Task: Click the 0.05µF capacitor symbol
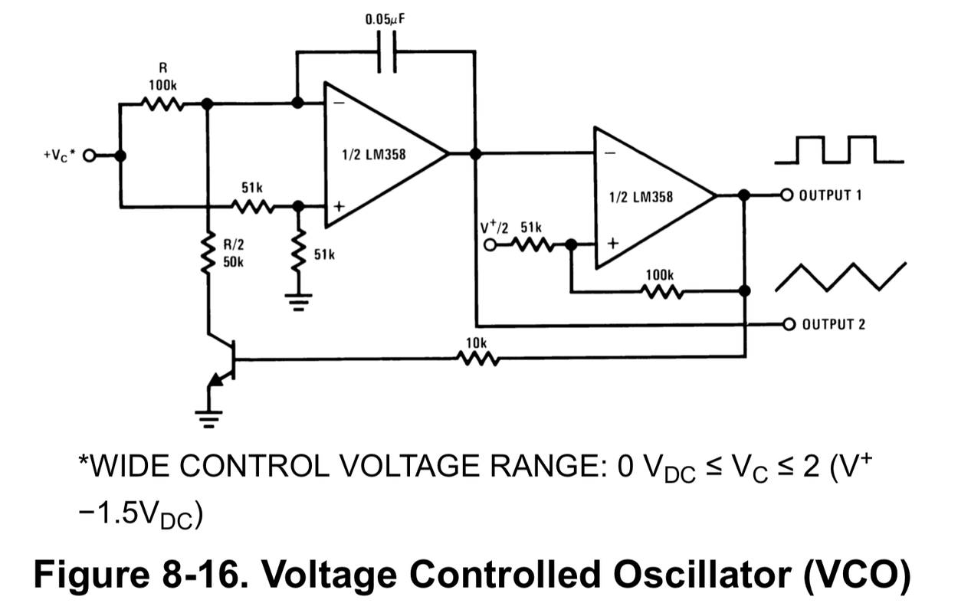tap(387, 52)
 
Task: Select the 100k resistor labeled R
tap(162, 103)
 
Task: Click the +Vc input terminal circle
tap(89, 156)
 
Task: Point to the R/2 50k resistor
tap(207, 255)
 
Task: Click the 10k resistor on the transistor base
tap(477, 358)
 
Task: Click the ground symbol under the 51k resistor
tap(299, 301)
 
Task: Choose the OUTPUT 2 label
tap(833, 324)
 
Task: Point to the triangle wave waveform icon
tap(841, 277)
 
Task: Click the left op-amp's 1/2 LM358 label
tap(374, 155)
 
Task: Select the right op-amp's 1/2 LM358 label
tap(641, 197)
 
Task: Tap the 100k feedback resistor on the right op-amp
tap(661, 291)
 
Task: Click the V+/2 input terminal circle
tap(490, 245)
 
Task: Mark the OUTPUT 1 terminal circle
tap(786, 195)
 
